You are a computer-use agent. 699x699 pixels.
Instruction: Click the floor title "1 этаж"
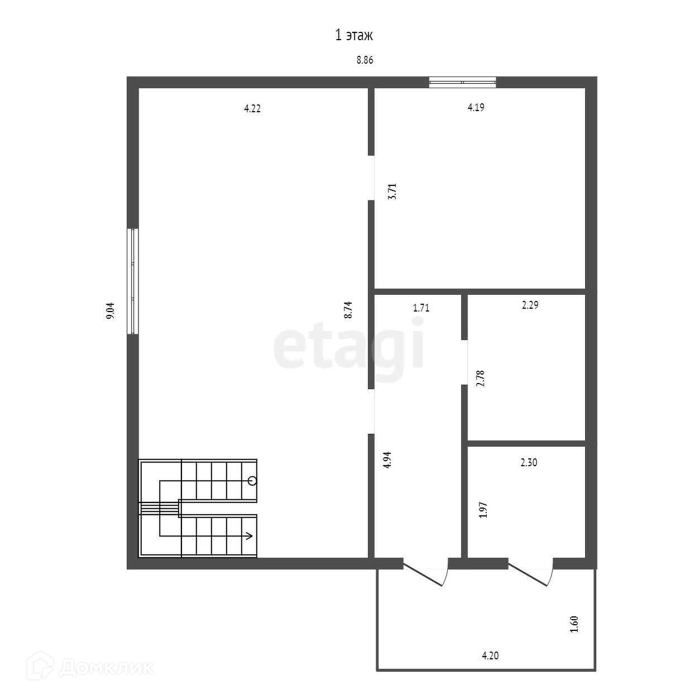pos(353,36)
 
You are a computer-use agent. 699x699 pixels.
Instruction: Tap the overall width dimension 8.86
pos(365,60)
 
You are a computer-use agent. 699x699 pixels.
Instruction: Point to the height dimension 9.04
pos(110,311)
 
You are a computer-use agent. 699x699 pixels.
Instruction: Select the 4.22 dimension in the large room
pos(252,108)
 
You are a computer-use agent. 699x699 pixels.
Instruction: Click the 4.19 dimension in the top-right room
pos(476,107)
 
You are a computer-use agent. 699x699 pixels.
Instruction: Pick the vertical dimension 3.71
pos(392,191)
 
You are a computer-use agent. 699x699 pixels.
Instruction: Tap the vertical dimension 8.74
pos(348,310)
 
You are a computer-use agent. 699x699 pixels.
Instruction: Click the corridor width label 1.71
pos(421,308)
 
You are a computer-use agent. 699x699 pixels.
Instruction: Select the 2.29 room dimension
pos(530,305)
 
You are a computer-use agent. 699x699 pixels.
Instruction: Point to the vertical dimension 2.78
pos(481,379)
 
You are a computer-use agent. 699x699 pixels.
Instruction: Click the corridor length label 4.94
pos(387,460)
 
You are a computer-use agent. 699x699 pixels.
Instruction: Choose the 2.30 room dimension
pos(529,462)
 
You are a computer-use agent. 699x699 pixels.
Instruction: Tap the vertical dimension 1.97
pos(483,510)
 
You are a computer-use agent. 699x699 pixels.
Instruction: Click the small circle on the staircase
pos(252,481)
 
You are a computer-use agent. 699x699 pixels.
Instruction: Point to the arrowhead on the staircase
pos(250,536)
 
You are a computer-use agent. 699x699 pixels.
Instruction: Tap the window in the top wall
pos(462,82)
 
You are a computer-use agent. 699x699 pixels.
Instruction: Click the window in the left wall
pos(133,281)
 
